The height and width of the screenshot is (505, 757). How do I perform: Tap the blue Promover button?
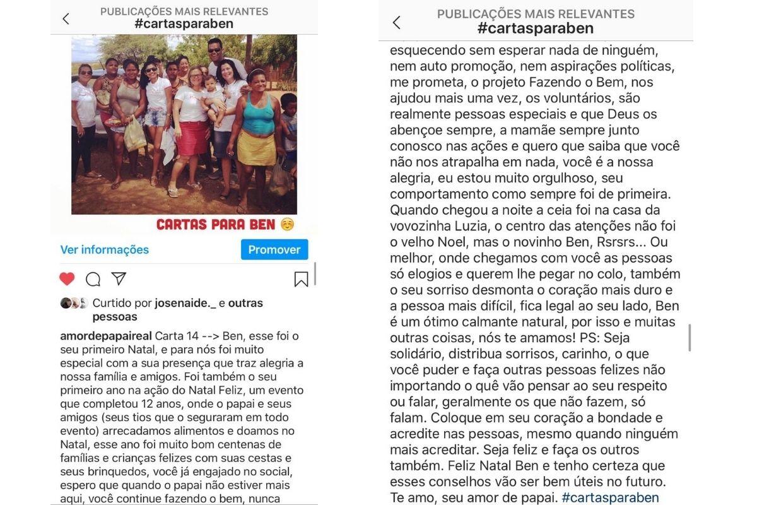click(x=274, y=250)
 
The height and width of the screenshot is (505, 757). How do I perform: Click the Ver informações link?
click(x=105, y=250)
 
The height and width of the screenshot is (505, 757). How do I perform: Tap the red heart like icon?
click(x=67, y=279)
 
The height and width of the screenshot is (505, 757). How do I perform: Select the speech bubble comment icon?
click(x=93, y=279)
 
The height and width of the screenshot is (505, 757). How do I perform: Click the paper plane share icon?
click(x=119, y=279)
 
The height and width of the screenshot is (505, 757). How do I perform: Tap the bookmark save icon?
click(x=301, y=279)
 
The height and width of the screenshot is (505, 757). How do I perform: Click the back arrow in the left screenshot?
click(x=66, y=19)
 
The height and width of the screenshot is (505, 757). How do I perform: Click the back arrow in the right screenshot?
click(x=396, y=23)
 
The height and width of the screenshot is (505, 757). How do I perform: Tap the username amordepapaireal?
click(x=105, y=335)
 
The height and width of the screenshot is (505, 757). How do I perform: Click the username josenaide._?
click(x=185, y=304)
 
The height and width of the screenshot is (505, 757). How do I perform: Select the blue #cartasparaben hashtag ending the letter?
click(x=610, y=497)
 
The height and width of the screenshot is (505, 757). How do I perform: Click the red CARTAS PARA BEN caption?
click(x=216, y=225)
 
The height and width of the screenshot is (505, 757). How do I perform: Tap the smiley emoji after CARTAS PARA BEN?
click(x=287, y=225)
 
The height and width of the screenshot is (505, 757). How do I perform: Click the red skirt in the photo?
click(x=192, y=138)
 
